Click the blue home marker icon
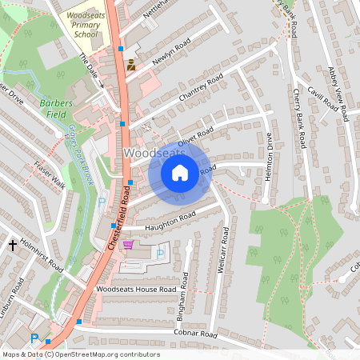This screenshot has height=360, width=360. (x=180, y=172)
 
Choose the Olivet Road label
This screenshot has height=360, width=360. (x=195, y=136)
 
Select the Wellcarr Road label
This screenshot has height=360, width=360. (x=225, y=251)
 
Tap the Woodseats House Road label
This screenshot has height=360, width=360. (x=135, y=288)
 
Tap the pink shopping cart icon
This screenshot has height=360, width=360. (x=129, y=245)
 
